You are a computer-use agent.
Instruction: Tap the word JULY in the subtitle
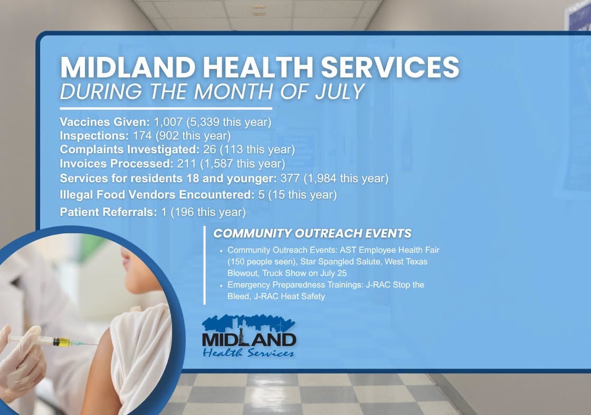pyautogui.click(x=340, y=92)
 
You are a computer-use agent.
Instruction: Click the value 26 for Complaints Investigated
pyautogui.click(x=209, y=150)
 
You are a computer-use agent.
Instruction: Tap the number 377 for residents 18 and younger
pyautogui.click(x=290, y=178)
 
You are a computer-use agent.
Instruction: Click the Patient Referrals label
pyautogui.click(x=109, y=212)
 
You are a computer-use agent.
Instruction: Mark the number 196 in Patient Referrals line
pyautogui.click(x=184, y=212)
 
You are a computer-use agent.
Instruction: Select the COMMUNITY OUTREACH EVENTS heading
pyautogui.click(x=312, y=233)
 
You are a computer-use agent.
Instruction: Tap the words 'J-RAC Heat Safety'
pyautogui.click(x=290, y=297)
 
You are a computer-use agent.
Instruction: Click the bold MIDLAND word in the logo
pyautogui.click(x=249, y=340)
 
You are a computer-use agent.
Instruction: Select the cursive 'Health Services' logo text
pyautogui.click(x=248, y=352)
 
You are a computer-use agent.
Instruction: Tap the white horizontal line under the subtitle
pyautogui.click(x=166, y=108)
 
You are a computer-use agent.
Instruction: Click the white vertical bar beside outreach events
pyautogui.click(x=205, y=265)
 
